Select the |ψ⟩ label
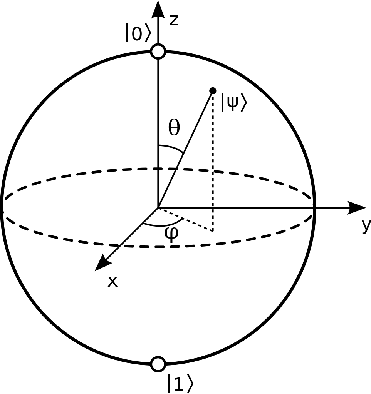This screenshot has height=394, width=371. coord(233,102)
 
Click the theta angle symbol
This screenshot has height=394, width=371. coord(174,127)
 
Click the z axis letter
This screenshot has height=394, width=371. coord(174,20)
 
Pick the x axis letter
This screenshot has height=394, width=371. coord(112,281)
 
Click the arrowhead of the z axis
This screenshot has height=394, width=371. coord(158,9)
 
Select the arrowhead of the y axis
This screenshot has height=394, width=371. coord(357,208)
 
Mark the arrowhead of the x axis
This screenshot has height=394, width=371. coord(103,263)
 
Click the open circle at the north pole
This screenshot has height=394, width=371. coord(158,51)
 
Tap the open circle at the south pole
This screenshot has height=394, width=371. coord(158,364)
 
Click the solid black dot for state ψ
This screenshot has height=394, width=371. coord(213,90)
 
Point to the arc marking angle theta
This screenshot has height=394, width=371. coord(171,148)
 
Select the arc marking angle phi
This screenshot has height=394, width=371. coord(163,223)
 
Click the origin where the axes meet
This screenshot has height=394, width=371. coord(158,208)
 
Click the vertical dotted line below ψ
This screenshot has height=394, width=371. coord(213,162)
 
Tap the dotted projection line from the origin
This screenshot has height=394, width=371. coord(185,219)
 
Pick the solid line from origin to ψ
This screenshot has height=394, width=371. coord(185,149)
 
